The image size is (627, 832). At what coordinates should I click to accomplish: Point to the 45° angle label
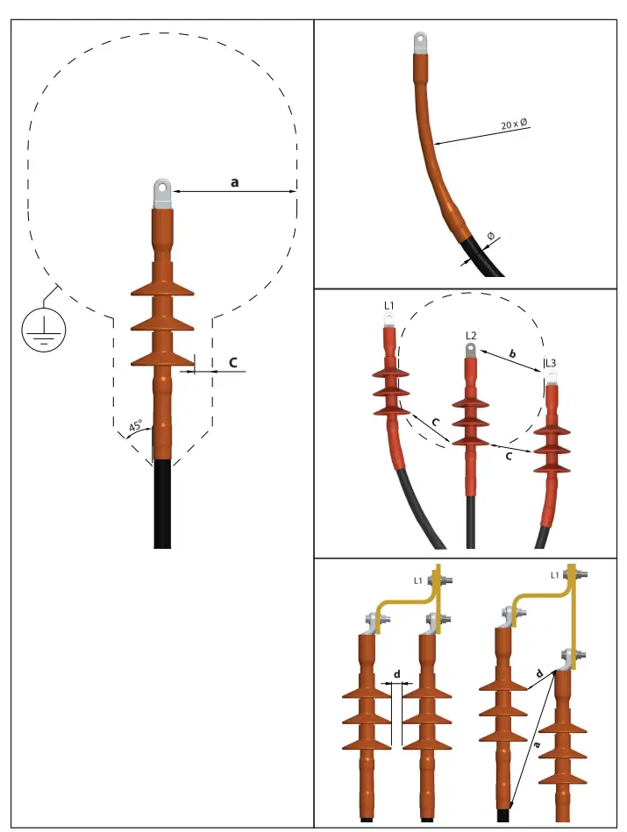pyautogui.click(x=135, y=427)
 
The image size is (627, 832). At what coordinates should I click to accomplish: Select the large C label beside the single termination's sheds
pyautogui.click(x=233, y=361)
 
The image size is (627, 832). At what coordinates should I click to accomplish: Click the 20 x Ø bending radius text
pyautogui.click(x=515, y=124)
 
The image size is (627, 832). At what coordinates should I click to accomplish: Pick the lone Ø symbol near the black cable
pyautogui.click(x=490, y=237)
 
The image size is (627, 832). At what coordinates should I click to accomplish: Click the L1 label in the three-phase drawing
pyautogui.click(x=389, y=305)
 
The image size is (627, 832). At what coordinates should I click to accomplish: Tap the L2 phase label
pyautogui.click(x=471, y=336)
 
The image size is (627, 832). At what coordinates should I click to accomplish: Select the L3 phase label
pyautogui.click(x=551, y=363)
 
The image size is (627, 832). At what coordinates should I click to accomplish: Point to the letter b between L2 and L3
pyautogui.click(x=512, y=352)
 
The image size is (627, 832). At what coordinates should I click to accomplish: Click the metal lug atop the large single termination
pyautogui.click(x=161, y=192)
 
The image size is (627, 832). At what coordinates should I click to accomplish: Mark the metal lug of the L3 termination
pyautogui.click(x=552, y=379)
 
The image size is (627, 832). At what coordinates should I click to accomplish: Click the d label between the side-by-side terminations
pyautogui.click(x=398, y=673)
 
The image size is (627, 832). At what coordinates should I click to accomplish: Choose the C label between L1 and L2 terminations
pyautogui.click(x=424, y=423)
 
